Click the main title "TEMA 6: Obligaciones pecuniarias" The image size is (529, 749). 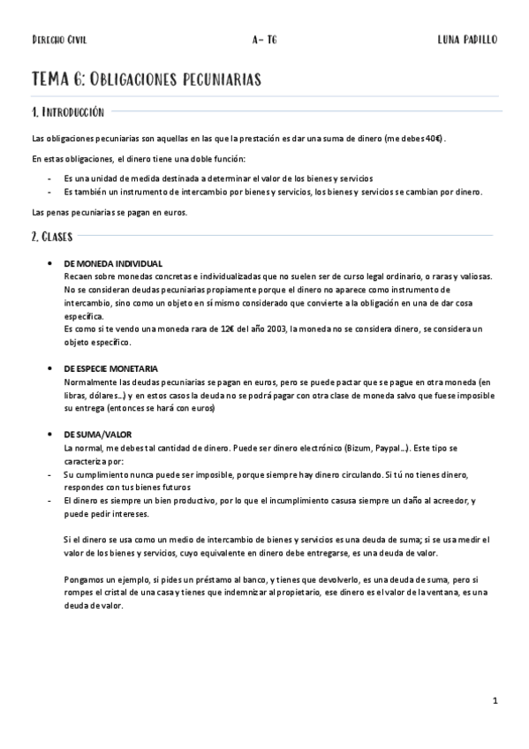pos(146,79)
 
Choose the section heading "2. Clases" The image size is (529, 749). pos(52,236)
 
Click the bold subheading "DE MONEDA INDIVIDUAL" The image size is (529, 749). pos(113,264)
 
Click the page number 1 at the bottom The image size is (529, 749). pos(496,700)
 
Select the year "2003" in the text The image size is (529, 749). pos(271,328)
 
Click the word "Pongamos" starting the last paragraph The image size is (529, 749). pos(86,578)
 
